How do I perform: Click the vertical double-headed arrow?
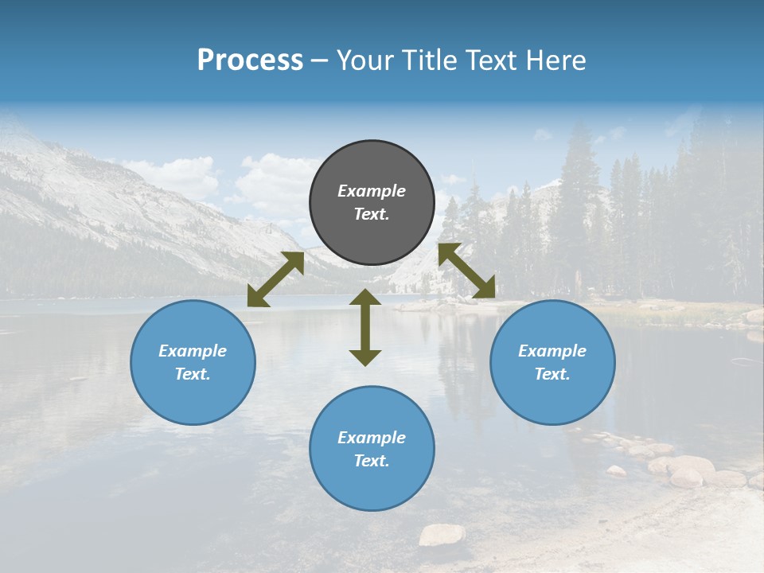pyautogui.click(x=365, y=327)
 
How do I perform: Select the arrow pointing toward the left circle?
pyautogui.click(x=275, y=279)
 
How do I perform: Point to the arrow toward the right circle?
pyautogui.click(x=467, y=271)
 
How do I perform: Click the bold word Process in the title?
pyautogui.click(x=250, y=60)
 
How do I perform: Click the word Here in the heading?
pyautogui.click(x=557, y=60)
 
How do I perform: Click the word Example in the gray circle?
pyautogui.click(x=372, y=191)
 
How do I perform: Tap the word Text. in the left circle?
pyautogui.click(x=193, y=374)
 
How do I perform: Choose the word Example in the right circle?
pyautogui.click(x=552, y=351)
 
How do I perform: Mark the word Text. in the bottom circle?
pyautogui.click(x=372, y=461)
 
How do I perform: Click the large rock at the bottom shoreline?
pyautogui.click(x=442, y=535)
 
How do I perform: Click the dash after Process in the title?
pyautogui.click(x=320, y=60)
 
